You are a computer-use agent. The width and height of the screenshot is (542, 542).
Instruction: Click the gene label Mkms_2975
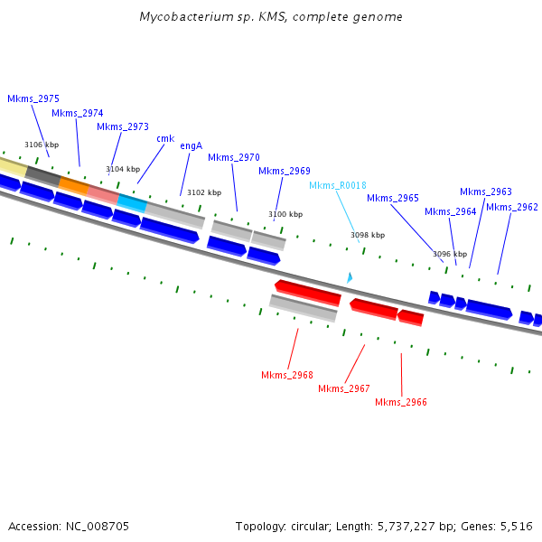click(33, 98)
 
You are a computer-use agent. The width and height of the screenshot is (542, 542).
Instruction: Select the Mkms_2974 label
click(78, 113)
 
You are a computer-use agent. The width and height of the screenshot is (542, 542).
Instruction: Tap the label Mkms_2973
click(123, 126)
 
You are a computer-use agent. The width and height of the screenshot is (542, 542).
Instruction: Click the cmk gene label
click(165, 138)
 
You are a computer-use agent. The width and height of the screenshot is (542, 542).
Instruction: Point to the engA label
click(191, 145)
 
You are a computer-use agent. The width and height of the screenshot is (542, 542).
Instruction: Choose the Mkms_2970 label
click(234, 157)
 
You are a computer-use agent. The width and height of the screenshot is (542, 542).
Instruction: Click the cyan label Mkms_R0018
click(338, 185)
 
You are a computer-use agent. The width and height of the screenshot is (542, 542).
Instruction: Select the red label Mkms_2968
click(287, 375)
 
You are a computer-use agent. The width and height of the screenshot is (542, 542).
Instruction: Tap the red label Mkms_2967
click(344, 388)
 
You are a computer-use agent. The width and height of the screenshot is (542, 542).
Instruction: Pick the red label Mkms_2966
click(401, 402)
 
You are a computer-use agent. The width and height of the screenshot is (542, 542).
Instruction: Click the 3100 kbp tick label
click(285, 214)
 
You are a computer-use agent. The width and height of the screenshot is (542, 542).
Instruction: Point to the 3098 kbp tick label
click(368, 235)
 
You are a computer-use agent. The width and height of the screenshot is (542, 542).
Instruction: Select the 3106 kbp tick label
click(42, 145)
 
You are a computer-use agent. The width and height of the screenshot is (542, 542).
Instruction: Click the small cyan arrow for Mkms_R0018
click(350, 278)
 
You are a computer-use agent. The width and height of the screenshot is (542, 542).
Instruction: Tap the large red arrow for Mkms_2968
click(308, 292)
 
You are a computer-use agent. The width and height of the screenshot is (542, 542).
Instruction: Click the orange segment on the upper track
click(74, 186)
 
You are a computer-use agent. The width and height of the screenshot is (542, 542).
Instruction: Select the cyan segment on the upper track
click(132, 203)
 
